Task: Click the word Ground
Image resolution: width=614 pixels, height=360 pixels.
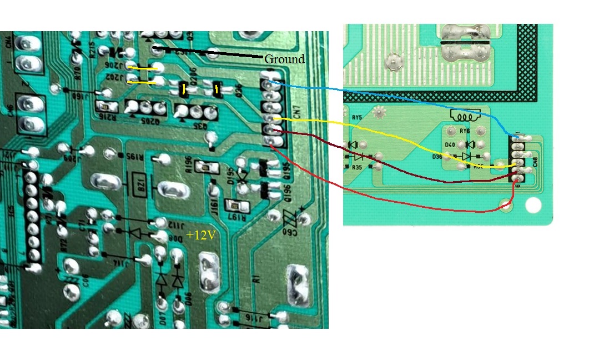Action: [x=284, y=59]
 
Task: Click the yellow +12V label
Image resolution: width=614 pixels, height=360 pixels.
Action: [x=201, y=235]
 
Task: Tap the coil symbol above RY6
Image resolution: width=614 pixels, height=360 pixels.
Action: [x=465, y=116]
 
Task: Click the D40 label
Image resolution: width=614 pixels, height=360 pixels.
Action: [x=450, y=145]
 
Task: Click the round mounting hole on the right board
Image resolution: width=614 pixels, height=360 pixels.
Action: [x=532, y=204]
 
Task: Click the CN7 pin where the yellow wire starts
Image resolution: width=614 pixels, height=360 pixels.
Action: [x=270, y=118]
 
